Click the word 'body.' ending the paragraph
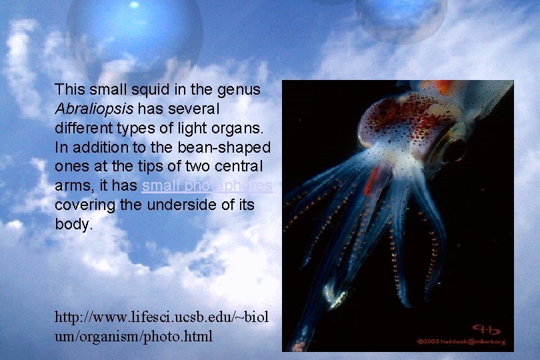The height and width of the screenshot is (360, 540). coord(74,224)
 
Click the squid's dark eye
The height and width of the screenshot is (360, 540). coord(455,150)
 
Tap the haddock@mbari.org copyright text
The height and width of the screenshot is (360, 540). coord(463,342)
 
